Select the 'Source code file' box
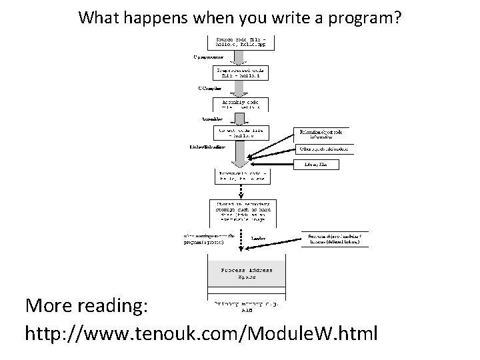click(x=241, y=41)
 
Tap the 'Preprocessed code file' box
click(x=241, y=71)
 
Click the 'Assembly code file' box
click(x=241, y=103)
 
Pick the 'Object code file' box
click(x=241, y=133)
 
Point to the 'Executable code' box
click(x=241, y=176)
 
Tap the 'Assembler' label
click(x=213, y=118)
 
